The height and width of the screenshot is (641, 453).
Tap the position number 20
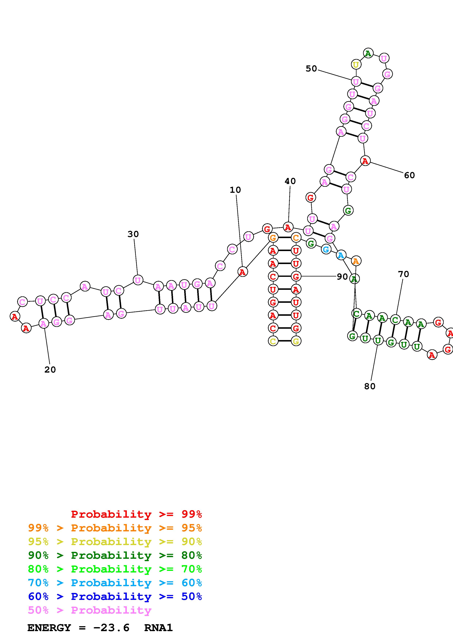[x=50, y=370]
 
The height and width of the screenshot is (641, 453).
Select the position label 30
[x=133, y=234]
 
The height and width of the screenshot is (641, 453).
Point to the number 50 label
[x=311, y=69]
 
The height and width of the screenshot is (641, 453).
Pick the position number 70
[x=403, y=274]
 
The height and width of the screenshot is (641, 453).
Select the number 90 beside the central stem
[x=342, y=277]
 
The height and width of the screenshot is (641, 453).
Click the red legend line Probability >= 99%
[x=137, y=514]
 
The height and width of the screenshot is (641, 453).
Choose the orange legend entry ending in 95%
[x=115, y=528]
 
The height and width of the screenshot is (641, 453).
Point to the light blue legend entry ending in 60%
[x=115, y=583]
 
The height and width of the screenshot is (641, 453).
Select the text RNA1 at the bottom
[x=159, y=628]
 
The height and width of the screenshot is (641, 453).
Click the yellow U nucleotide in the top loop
[x=356, y=65]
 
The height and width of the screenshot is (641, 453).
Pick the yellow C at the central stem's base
[x=273, y=341]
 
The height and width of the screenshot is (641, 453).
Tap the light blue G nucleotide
[x=326, y=249]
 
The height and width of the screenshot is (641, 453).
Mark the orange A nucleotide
[x=356, y=261]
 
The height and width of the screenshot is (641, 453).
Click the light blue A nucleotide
[x=341, y=255]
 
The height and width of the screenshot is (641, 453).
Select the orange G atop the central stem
[x=273, y=238]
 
